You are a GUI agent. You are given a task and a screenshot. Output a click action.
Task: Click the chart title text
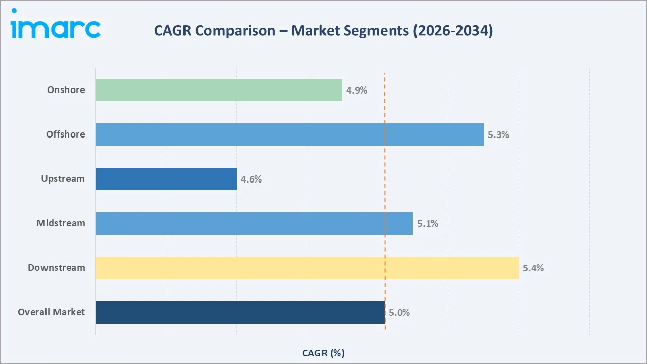(323, 31)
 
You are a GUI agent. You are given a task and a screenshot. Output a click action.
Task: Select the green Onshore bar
(218, 90)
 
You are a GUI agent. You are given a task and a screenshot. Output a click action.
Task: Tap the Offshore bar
(289, 134)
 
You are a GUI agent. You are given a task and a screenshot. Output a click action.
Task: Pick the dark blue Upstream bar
(166, 179)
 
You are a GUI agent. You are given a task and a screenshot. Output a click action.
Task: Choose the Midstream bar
(254, 223)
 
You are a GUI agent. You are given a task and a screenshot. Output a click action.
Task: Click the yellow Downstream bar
(307, 268)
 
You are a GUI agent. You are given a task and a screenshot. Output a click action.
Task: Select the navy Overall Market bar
(240, 312)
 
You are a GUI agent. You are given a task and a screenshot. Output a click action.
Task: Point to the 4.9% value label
(357, 90)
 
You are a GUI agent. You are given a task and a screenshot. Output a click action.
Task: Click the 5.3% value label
(498, 135)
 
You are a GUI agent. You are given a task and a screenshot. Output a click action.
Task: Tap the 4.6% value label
(251, 179)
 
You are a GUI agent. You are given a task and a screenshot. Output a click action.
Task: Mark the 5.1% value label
(428, 224)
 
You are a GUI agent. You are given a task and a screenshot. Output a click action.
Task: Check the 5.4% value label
(533, 268)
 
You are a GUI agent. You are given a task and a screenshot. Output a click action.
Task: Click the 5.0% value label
(399, 313)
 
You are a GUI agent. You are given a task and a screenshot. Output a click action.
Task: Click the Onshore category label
(66, 90)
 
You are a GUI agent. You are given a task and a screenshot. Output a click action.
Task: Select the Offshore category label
(66, 134)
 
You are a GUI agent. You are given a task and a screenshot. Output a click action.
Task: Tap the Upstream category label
(63, 179)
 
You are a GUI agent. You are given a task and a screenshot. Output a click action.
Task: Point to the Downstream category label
(57, 268)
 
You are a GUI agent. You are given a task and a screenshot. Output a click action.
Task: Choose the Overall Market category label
(52, 312)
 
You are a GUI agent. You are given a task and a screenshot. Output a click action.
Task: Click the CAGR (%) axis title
(323, 353)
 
